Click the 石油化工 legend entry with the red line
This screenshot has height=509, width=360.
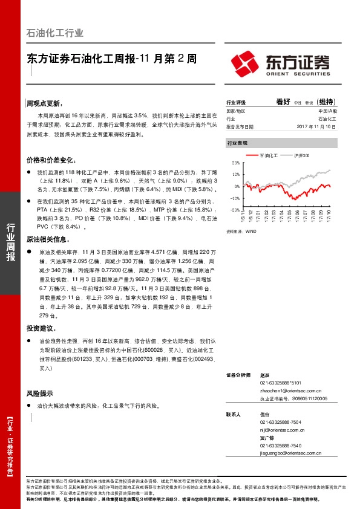[267, 156]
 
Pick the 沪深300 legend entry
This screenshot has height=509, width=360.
[300, 156]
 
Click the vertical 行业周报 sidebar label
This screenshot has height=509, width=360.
[10, 242]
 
